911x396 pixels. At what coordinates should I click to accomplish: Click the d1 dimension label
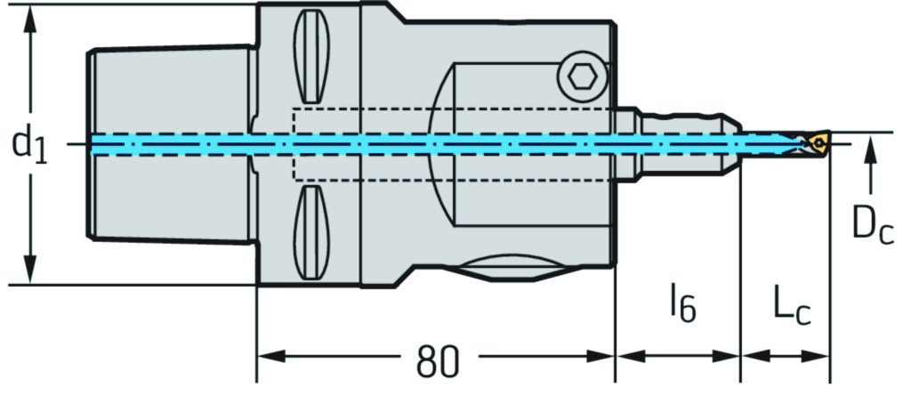coord(29,143)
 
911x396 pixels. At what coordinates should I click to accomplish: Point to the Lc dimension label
coord(791,307)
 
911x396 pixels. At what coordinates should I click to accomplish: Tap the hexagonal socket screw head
coord(581,79)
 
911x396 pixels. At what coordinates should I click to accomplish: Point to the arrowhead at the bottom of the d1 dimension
coord(31,272)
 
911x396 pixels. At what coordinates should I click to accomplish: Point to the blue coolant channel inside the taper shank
coord(169,143)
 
